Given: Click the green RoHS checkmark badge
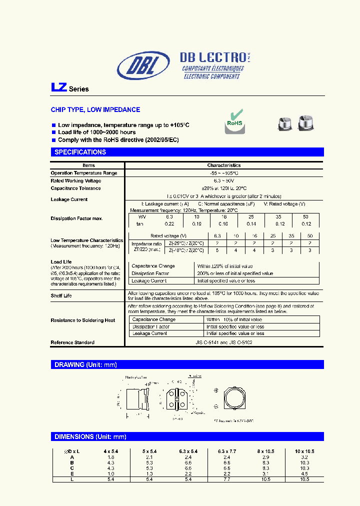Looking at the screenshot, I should (x=234, y=121).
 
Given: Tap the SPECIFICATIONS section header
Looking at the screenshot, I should (x=80, y=152).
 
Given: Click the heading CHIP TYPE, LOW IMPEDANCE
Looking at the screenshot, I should (x=95, y=109).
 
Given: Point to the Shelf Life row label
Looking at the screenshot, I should (x=61, y=295).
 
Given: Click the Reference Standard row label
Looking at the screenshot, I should (x=72, y=342).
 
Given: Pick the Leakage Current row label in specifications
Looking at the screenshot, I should (x=69, y=199).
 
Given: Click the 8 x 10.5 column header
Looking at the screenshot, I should (x=265, y=451).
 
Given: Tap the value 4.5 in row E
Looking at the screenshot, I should (x=305, y=473).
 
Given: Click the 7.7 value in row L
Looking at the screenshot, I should (x=227, y=479).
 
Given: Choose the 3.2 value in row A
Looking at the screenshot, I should (x=305, y=457).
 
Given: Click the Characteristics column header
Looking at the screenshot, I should (x=224, y=165).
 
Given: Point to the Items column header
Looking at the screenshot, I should (x=88, y=165).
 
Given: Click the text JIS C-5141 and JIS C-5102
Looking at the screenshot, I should (x=224, y=342).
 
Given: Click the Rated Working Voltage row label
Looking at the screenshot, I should (x=75, y=180).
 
